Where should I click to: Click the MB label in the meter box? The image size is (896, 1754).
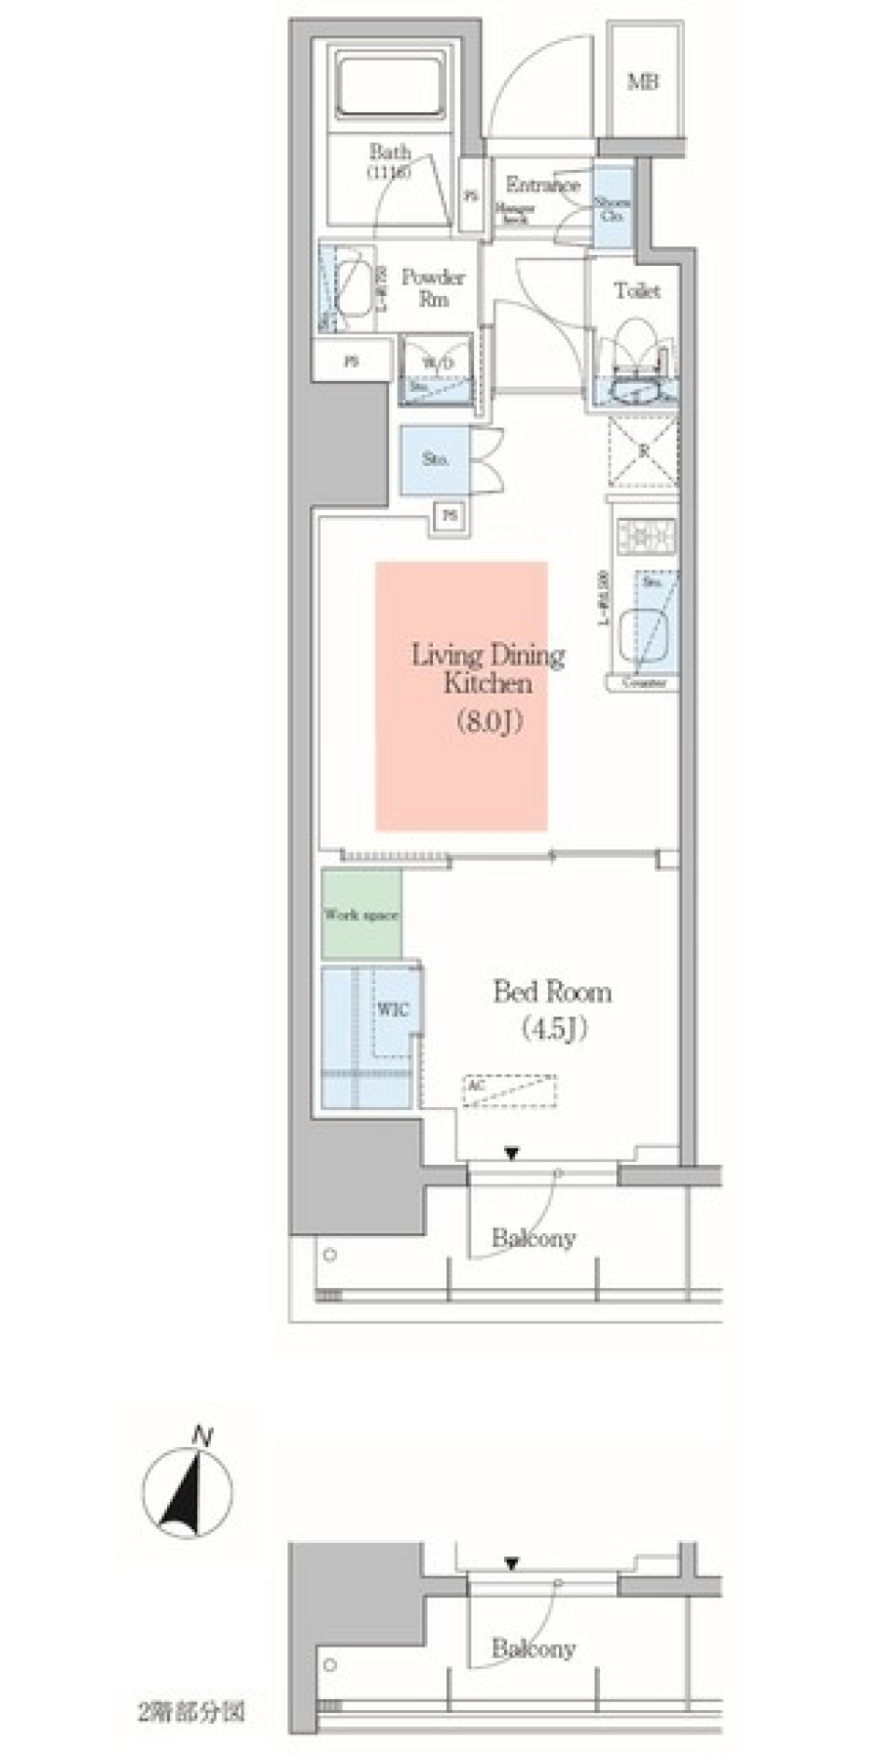click(x=642, y=82)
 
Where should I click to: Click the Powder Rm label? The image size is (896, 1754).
click(x=432, y=288)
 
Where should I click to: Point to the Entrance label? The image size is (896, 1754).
click(x=542, y=185)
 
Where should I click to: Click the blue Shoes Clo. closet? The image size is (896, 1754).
click(x=612, y=208)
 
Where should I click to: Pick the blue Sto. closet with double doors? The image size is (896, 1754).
click(x=435, y=459)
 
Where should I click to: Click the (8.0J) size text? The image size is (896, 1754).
click(x=488, y=722)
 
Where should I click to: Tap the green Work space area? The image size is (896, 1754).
click(x=361, y=914)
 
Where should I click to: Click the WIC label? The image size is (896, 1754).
click(x=393, y=1010)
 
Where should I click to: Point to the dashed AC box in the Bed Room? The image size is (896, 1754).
click(x=510, y=1090)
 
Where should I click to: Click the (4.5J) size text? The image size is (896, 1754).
click(x=553, y=1029)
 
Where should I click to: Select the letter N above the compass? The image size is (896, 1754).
click(x=200, y=1437)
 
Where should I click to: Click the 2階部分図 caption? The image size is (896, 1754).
click(x=190, y=1712)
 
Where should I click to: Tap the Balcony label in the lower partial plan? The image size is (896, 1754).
click(x=533, y=1649)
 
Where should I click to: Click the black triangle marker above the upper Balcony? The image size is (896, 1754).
click(x=511, y=1154)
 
